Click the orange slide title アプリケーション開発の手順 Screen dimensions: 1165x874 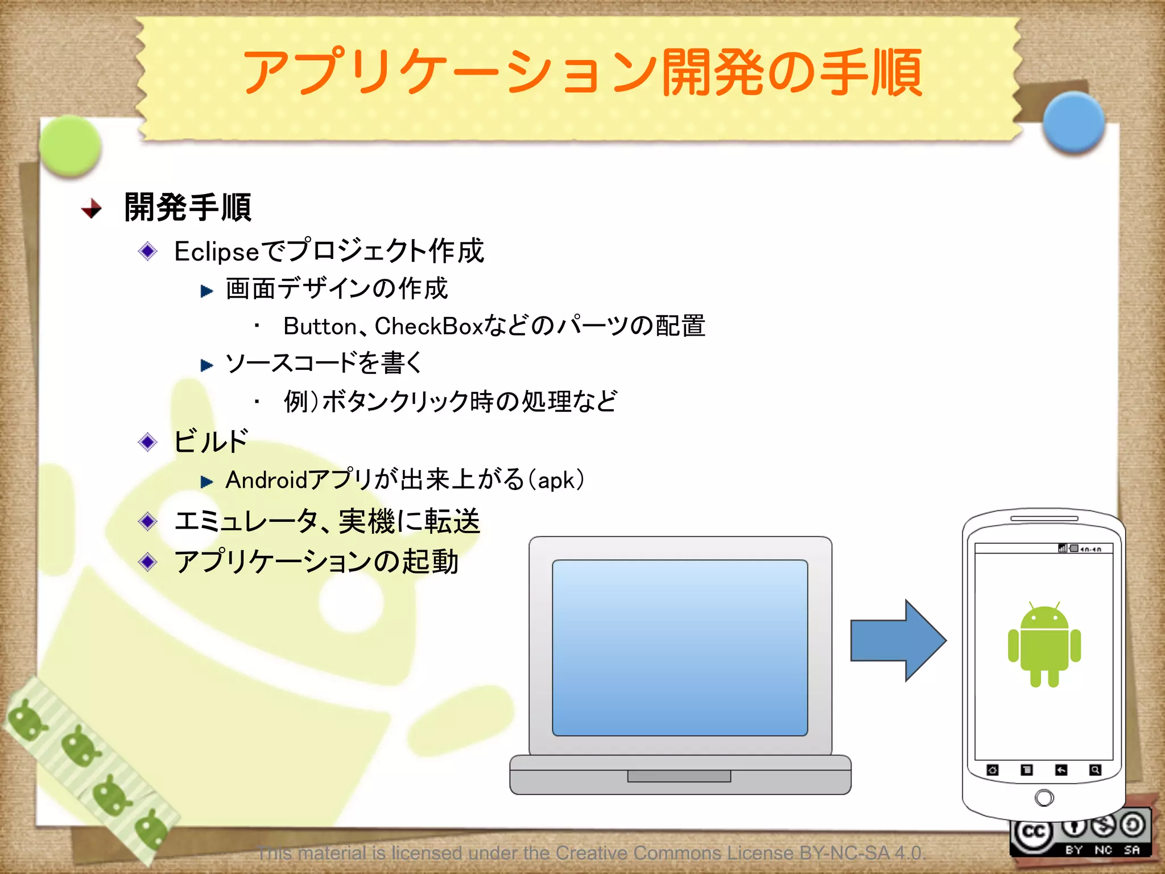[582, 72]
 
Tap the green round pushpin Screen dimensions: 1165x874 [71, 146]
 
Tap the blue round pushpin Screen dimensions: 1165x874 [1073, 122]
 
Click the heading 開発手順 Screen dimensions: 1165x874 [188, 207]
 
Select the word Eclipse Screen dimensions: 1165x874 [217, 252]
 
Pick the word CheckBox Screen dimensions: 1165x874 [428, 327]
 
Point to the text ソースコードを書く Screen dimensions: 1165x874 [324, 363]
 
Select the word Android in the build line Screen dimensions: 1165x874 [266, 480]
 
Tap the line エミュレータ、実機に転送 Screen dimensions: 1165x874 [327, 521]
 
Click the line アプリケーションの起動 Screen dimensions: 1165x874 [316, 562]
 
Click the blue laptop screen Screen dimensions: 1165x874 [680, 648]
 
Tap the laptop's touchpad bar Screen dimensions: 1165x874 [679, 776]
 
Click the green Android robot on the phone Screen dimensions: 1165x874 [1044, 646]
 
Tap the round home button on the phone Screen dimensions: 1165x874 [1044, 798]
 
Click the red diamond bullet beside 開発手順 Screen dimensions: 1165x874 [92, 208]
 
